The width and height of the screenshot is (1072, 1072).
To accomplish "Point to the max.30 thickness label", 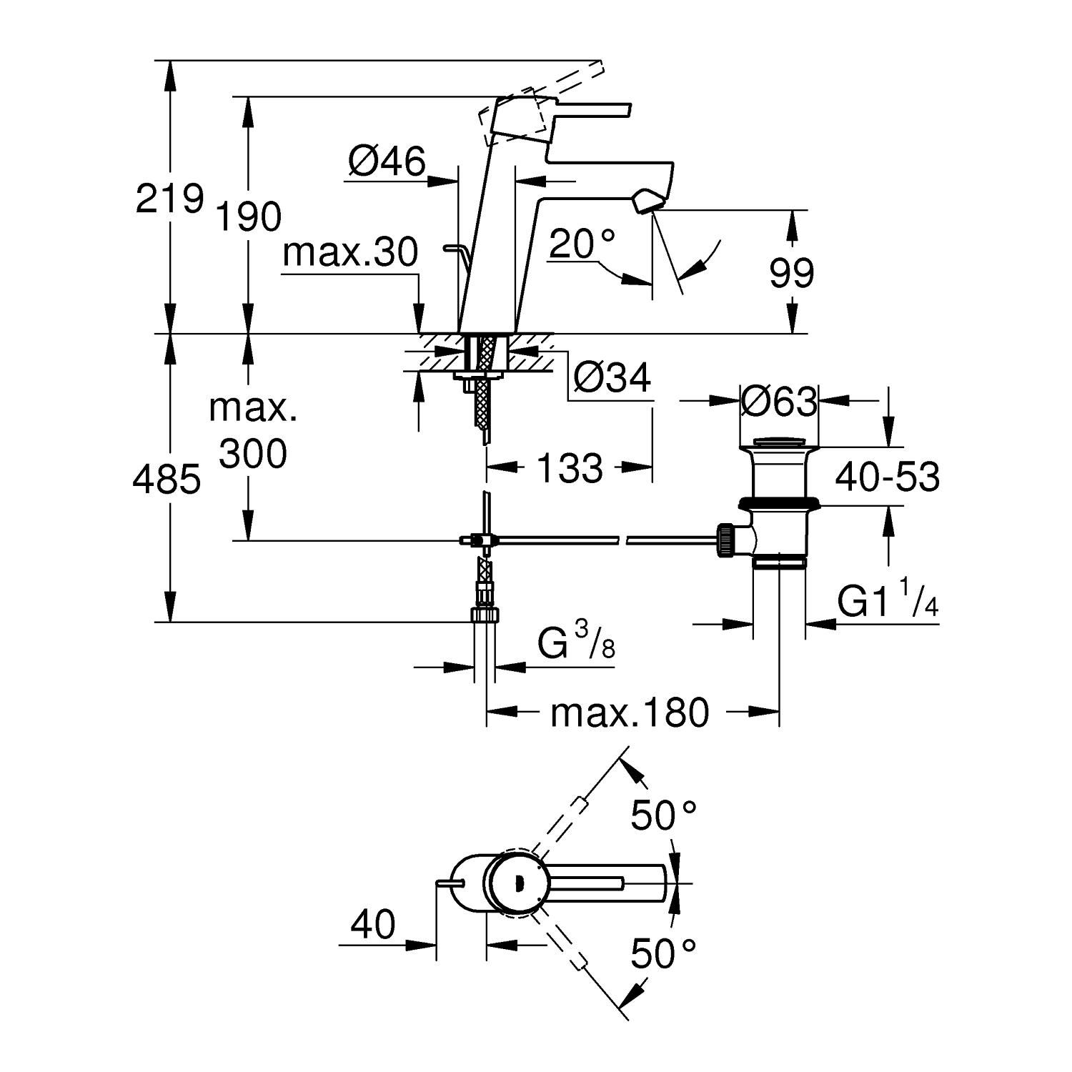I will point(350,253).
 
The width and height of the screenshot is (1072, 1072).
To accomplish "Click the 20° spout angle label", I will point(582,245).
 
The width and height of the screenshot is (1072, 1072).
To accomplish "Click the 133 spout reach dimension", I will point(570,469).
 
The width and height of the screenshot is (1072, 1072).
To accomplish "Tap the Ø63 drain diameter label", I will point(779,402).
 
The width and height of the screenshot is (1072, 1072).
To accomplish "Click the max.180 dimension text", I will point(630,712).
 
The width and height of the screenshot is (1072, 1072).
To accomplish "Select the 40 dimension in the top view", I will point(372,925).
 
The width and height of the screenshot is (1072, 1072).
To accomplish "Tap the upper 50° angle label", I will point(663,815).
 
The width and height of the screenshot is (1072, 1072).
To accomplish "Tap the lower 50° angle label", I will point(663,953).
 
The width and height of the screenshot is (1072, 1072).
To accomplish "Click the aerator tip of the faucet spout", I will point(646,201).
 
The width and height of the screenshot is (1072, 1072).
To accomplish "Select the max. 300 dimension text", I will point(252,431).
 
